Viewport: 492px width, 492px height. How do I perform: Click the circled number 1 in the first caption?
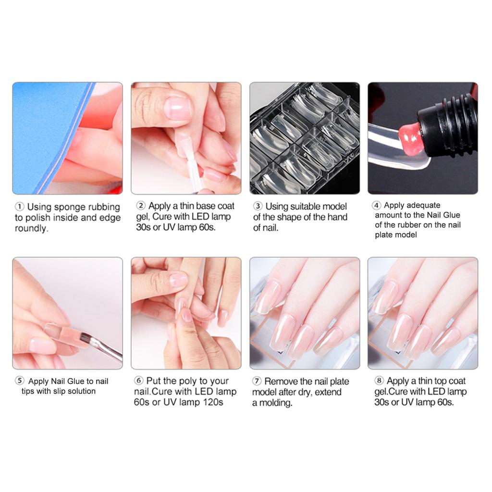click(x=19, y=207)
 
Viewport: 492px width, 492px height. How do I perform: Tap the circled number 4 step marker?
click(x=377, y=205)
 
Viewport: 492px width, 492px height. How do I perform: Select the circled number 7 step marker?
click(x=257, y=381)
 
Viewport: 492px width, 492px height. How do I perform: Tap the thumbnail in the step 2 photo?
click(x=177, y=108)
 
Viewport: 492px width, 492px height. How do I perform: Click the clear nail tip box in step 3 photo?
click(x=304, y=138)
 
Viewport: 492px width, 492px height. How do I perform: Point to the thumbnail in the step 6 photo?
click(x=178, y=280)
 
